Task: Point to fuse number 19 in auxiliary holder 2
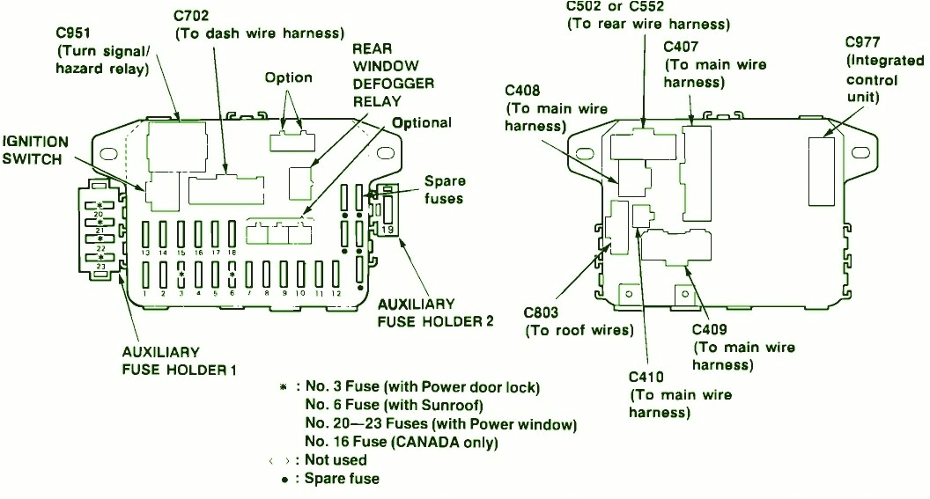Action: [x=388, y=216]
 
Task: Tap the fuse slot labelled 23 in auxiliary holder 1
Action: [x=100, y=257]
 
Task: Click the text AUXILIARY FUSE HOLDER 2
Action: [x=435, y=312]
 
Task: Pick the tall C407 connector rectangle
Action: [x=696, y=172]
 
